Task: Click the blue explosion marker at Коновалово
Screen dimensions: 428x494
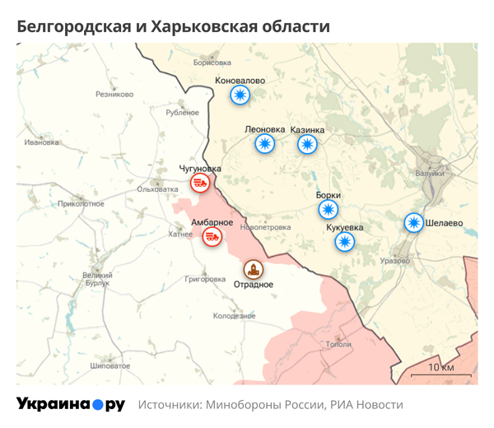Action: (240, 95)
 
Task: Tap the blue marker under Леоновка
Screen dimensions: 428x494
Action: (264, 144)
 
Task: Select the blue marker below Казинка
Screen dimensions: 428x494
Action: (308, 144)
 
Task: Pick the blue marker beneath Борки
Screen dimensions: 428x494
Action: (329, 210)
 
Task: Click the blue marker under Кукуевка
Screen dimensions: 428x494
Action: (345, 241)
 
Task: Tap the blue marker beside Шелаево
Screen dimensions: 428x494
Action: (413, 223)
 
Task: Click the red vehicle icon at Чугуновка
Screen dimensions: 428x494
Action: (200, 183)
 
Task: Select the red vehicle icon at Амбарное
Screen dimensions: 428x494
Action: (212, 237)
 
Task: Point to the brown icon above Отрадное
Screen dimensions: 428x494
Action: (253, 268)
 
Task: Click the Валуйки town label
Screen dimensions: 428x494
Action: (431, 173)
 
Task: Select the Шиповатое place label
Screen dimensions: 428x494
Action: (108, 365)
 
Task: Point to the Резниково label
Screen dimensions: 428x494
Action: (114, 95)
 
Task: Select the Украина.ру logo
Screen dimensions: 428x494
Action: (71, 405)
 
